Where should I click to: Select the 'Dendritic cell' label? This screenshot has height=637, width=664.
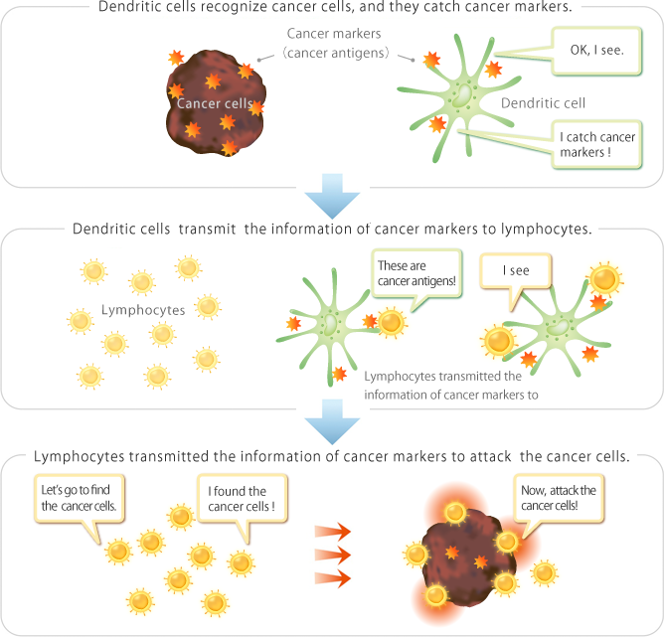tap(543, 102)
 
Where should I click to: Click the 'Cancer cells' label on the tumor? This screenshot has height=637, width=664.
tap(213, 102)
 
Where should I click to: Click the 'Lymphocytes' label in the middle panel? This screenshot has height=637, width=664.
tap(143, 310)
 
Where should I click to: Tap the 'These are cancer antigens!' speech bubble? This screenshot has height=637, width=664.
tap(416, 275)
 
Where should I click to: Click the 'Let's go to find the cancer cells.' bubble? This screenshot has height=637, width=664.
tap(79, 499)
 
